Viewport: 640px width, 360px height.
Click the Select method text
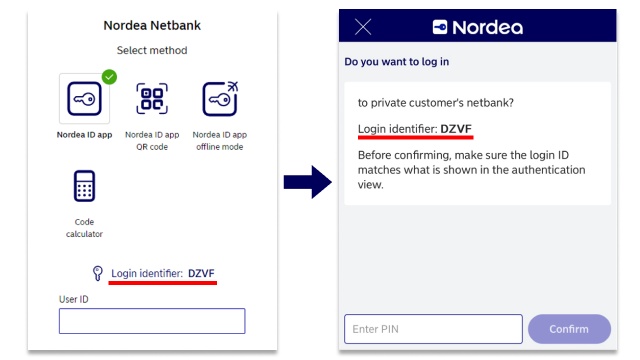152,50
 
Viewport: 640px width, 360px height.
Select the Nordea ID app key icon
84,99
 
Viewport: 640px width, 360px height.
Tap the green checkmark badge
109,76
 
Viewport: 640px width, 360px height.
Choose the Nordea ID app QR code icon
152,99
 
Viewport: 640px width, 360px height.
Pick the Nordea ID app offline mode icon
219,99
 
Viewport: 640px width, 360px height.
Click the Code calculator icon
84,187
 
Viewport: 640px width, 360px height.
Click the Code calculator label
84,227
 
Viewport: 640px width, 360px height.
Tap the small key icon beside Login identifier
97,273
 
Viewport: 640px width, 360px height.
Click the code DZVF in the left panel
202,273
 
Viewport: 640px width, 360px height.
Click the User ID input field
152,320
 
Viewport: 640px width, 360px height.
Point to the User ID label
75,298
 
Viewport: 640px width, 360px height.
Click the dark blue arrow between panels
307,182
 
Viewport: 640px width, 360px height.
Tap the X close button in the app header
363,27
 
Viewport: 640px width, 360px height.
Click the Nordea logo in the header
477,27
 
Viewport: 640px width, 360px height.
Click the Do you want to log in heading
397,61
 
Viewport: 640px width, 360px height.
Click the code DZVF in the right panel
456,129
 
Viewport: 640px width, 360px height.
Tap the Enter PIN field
433,328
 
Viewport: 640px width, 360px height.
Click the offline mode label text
219,140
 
